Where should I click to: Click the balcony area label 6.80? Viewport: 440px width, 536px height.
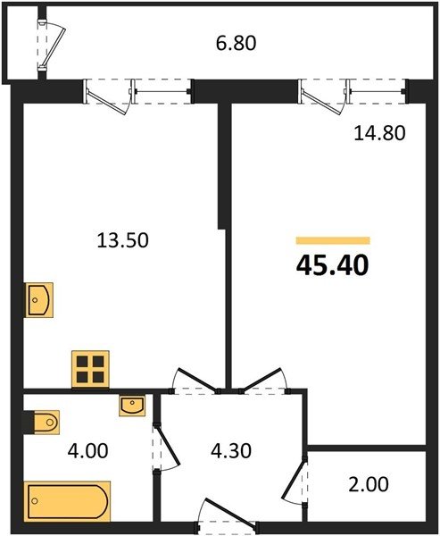236,44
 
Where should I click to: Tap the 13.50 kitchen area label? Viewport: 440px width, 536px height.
122,240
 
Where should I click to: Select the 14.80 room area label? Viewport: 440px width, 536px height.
379,133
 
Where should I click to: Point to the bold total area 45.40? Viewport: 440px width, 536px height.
333,266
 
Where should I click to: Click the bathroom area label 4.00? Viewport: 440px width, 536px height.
87,450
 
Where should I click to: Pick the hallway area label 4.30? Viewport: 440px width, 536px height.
231,450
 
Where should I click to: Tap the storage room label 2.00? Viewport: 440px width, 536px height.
369,484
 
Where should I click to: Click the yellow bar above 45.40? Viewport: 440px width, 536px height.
333,240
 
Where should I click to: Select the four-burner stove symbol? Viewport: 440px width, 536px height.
90,369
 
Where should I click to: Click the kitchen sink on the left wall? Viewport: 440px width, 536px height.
39,300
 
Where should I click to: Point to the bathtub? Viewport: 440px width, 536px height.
67,501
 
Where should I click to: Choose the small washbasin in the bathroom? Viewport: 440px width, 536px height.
132,406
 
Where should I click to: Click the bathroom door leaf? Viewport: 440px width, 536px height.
168,446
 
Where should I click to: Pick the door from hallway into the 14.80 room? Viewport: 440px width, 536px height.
262,380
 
